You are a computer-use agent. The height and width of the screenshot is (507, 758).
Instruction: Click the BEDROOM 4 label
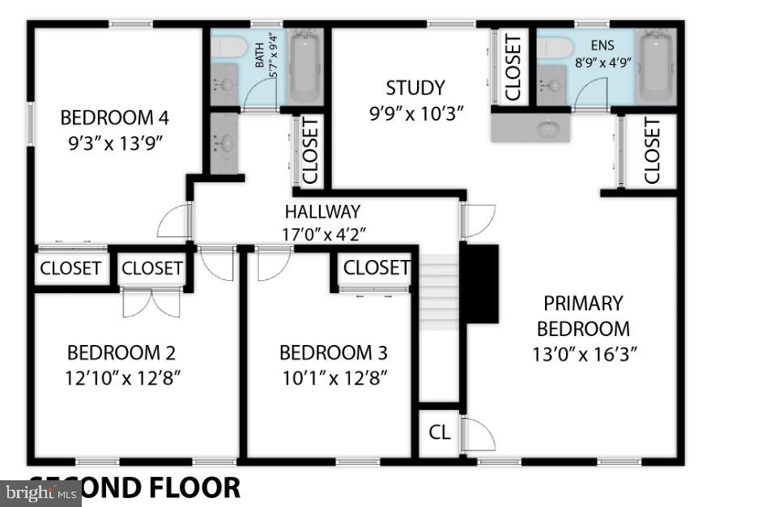click(114, 117)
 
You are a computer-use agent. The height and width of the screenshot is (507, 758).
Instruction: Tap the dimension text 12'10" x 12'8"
click(122, 377)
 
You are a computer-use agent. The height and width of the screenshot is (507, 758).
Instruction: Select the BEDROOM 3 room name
click(333, 353)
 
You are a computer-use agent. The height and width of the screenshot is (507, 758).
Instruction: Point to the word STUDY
click(415, 87)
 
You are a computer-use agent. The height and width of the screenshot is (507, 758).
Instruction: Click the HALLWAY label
click(322, 212)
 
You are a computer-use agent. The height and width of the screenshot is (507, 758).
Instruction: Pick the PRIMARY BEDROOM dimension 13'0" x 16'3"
click(584, 353)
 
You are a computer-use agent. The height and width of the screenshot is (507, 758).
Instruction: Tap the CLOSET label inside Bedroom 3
click(377, 267)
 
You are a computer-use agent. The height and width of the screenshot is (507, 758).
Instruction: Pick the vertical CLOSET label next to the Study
click(512, 68)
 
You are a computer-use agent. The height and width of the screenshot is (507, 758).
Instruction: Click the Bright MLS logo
click(40, 492)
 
